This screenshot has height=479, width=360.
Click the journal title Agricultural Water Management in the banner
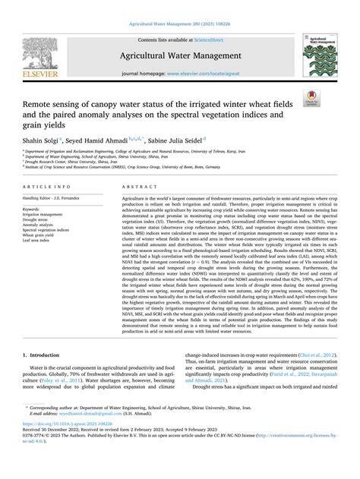(179, 56)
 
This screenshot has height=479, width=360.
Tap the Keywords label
(33, 208)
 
